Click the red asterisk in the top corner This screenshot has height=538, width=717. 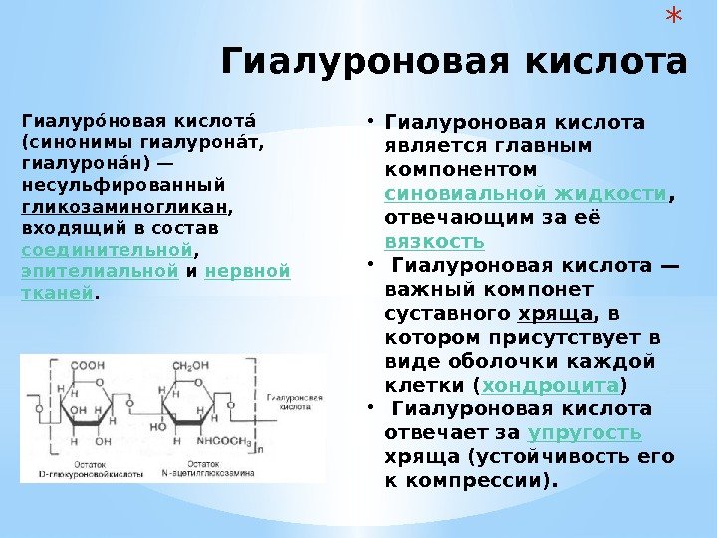(674, 18)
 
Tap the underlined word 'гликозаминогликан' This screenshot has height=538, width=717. (124, 207)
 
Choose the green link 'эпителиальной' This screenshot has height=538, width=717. (99, 271)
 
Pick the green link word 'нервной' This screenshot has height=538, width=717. (248, 271)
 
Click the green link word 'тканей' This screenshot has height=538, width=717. (57, 293)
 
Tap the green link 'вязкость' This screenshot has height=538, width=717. (434, 241)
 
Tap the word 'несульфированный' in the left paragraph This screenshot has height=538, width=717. (123, 185)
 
